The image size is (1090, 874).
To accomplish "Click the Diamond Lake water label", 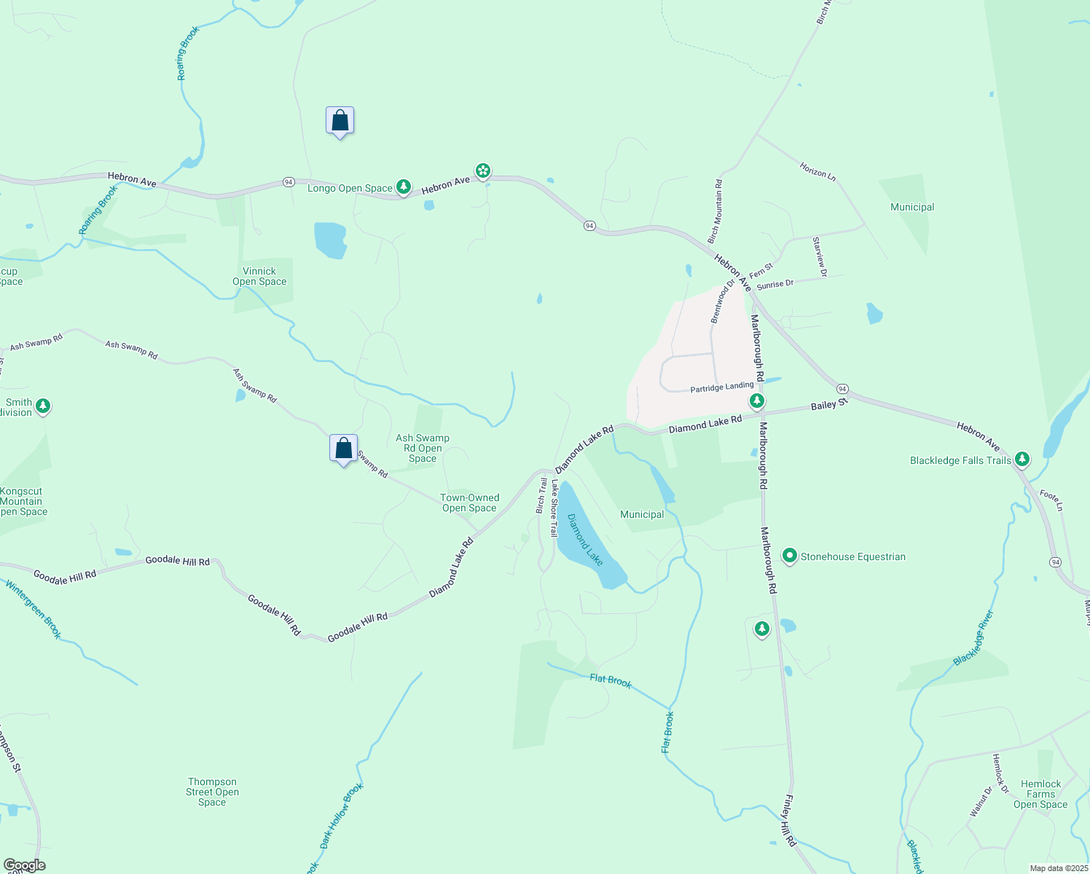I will click(585, 540).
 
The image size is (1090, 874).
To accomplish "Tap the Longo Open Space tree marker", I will click(404, 187).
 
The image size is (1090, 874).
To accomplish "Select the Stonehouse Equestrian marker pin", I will click(789, 556).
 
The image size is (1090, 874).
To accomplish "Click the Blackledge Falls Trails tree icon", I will click(1022, 459).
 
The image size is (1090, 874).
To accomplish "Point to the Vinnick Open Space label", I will click(259, 277).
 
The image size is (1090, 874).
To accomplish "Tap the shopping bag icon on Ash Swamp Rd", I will click(343, 449).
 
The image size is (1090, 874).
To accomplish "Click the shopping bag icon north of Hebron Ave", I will click(340, 121).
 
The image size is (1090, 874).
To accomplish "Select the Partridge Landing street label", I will click(721, 387).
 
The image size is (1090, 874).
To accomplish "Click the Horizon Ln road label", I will click(817, 171).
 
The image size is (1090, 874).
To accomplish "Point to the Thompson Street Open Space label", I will click(212, 792).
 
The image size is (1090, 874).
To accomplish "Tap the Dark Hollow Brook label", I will click(342, 816).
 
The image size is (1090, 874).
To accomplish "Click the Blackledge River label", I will click(973, 638).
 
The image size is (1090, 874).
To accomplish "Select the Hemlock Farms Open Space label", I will click(1040, 794).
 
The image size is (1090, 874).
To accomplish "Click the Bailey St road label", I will click(830, 403).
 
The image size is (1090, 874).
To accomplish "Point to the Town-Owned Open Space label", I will click(469, 503).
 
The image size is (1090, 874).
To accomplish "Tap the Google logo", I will click(25, 865).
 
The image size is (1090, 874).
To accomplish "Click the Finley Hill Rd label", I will click(790, 820).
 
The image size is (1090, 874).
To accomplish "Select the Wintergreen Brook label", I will click(34, 609).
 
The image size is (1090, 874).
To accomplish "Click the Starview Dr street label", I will click(820, 256).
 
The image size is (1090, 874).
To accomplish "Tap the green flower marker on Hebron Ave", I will click(482, 171).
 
